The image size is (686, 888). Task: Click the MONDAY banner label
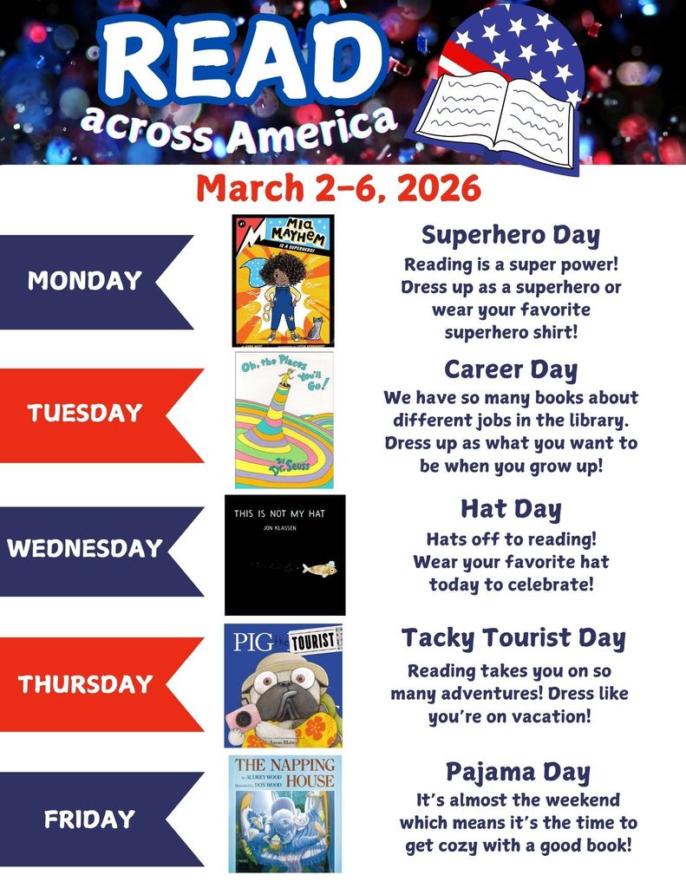[x=84, y=281]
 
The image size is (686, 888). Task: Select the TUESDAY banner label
[x=84, y=413]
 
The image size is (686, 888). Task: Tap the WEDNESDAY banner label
[x=85, y=548]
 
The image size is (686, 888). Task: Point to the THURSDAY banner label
[x=85, y=683]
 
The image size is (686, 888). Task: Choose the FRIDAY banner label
[x=89, y=819]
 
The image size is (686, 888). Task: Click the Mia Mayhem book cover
[x=283, y=280]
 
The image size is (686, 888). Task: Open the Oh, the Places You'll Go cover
[x=284, y=420]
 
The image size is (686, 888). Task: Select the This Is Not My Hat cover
[x=284, y=555]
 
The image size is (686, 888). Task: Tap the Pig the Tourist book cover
[x=284, y=685]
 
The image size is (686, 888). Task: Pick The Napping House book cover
[x=285, y=813]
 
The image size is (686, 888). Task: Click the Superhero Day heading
[x=511, y=234]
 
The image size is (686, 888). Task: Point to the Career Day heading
[x=511, y=369]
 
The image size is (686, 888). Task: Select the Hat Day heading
[x=511, y=508]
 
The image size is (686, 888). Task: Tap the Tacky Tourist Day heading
[x=513, y=639]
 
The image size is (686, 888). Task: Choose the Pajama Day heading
[x=518, y=772]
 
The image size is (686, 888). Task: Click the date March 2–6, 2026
[x=338, y=187]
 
